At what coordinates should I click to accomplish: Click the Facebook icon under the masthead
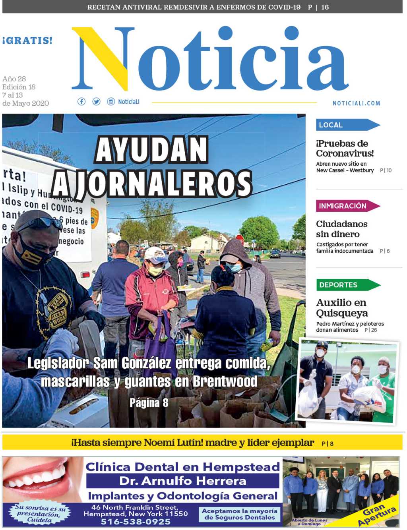click(x=81, y=102)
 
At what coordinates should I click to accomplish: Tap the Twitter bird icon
click(x=96, y=102)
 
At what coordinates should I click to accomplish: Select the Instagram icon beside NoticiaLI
click(x=111, y=102)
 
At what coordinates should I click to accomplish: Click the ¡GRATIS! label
click(x=27, y=41)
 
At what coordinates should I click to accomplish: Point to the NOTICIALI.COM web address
click(x=356, y=103)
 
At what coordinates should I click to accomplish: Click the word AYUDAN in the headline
click(x=152, y=150)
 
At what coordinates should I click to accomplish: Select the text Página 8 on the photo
click(x=149, y=403)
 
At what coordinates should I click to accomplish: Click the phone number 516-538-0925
click(x=136, y=522)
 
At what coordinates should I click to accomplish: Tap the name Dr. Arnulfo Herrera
click(x=183, y=481)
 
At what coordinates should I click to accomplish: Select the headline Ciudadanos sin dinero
click(x=341, y=229)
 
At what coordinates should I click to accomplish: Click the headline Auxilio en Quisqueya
click(x=341, y=308)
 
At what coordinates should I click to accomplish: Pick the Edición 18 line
click(x=19, y=87)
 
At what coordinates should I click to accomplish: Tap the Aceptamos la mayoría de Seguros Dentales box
click(x=240, y=514)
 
